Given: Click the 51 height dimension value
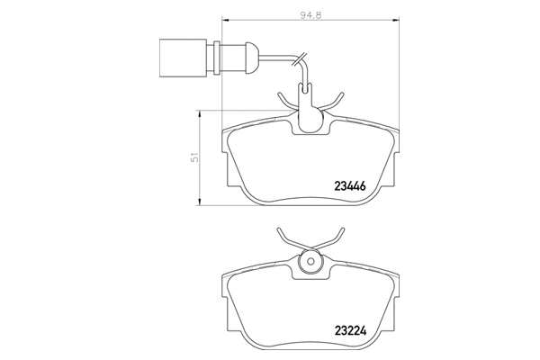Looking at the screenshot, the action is [195, 157].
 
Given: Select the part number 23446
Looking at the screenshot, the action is [350, 186].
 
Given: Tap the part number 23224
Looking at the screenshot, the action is [350, 331].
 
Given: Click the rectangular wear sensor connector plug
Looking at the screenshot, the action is [183, 58].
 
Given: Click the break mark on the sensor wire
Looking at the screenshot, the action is [300, 58].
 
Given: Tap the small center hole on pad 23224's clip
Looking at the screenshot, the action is [310, 261].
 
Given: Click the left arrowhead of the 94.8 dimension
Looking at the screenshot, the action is [225, 21].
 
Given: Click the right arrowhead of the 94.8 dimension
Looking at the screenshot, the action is [395, 21].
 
